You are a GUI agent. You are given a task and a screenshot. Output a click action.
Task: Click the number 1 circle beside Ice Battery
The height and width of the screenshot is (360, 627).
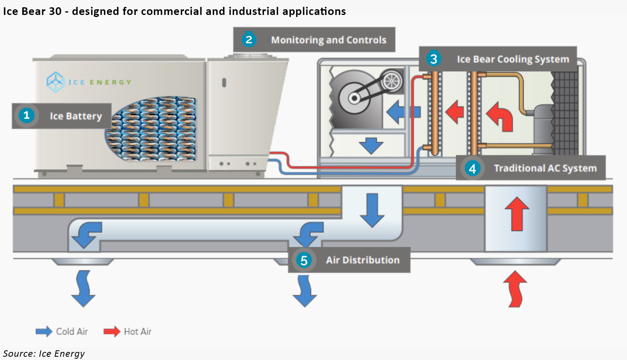click(27, 115)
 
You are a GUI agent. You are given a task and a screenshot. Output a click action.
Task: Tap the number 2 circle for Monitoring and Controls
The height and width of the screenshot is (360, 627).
click(249, 40)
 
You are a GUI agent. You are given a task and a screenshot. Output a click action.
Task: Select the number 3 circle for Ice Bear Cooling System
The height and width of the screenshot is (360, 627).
click(433, 59)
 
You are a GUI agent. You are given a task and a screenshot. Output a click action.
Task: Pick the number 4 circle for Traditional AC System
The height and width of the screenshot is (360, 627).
click(472, 168)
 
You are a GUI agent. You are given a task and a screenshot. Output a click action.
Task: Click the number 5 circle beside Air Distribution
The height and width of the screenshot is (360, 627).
click(304, 260)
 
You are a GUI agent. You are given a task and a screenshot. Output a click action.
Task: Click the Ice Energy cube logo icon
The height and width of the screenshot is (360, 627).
click(55, 82)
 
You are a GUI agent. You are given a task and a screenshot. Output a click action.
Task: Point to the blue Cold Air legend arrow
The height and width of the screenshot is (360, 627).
click(44, 331)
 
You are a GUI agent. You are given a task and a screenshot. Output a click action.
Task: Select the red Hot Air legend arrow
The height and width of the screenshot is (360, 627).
click(112, 331)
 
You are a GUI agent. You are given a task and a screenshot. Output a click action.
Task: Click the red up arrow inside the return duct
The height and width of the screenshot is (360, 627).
click(517, 214)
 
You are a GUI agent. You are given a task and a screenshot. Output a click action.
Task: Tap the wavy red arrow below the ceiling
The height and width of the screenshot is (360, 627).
click(515, 289)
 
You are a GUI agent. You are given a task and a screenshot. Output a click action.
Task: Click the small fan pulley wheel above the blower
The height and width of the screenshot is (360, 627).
click(391, 81)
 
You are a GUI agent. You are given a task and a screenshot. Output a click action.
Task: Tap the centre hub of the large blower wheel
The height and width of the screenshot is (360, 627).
click(354, 98)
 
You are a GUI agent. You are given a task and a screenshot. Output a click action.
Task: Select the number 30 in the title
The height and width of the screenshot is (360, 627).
click(55, 11)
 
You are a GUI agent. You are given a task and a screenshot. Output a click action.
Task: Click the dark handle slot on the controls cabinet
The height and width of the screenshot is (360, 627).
click(224, 82)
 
